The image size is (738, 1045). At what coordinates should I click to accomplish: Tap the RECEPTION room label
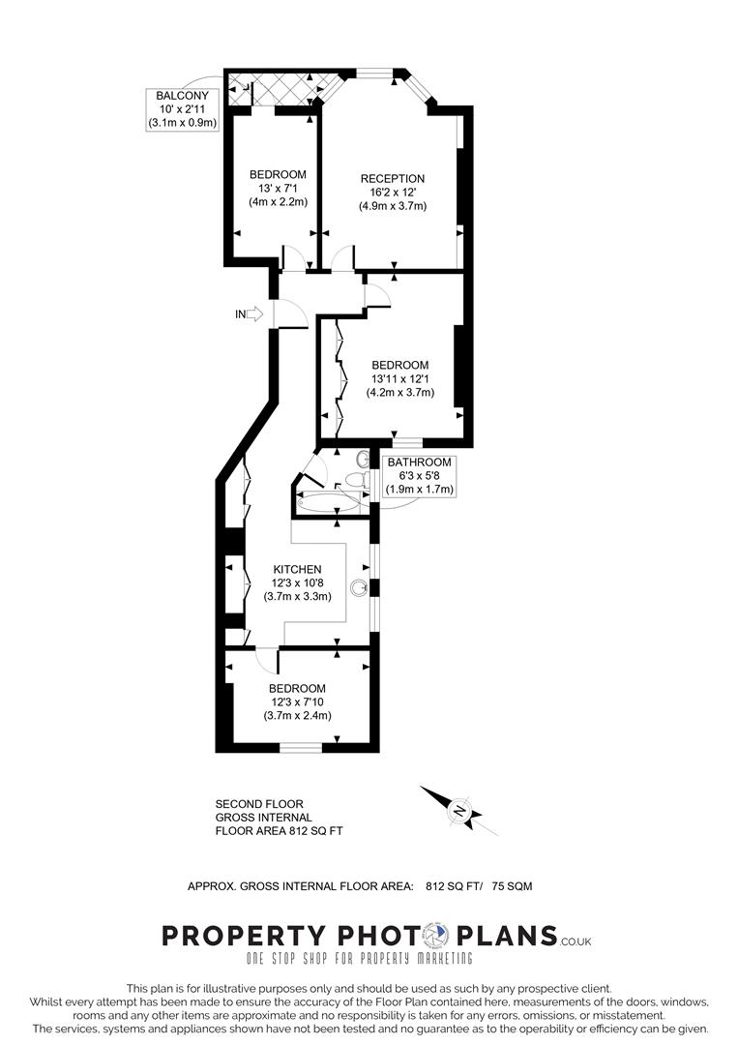pos(393,178)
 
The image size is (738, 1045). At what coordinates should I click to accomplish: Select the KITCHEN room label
pos(297,569)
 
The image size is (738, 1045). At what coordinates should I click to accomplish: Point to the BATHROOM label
pos(419,463)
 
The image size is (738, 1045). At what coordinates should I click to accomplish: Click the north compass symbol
pos(459,811)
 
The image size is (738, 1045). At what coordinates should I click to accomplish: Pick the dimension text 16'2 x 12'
pos(393,193)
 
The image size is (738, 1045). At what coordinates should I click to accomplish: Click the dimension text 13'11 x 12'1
pos(399,378)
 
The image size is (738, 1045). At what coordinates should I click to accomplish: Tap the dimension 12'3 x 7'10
pos(297,702)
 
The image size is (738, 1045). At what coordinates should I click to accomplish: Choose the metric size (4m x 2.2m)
pos(277,202)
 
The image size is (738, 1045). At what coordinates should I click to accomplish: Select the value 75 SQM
pos(513,885)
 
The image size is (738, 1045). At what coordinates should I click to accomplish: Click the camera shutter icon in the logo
pos(440,937)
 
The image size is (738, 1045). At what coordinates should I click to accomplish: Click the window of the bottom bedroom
pos(300,746)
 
